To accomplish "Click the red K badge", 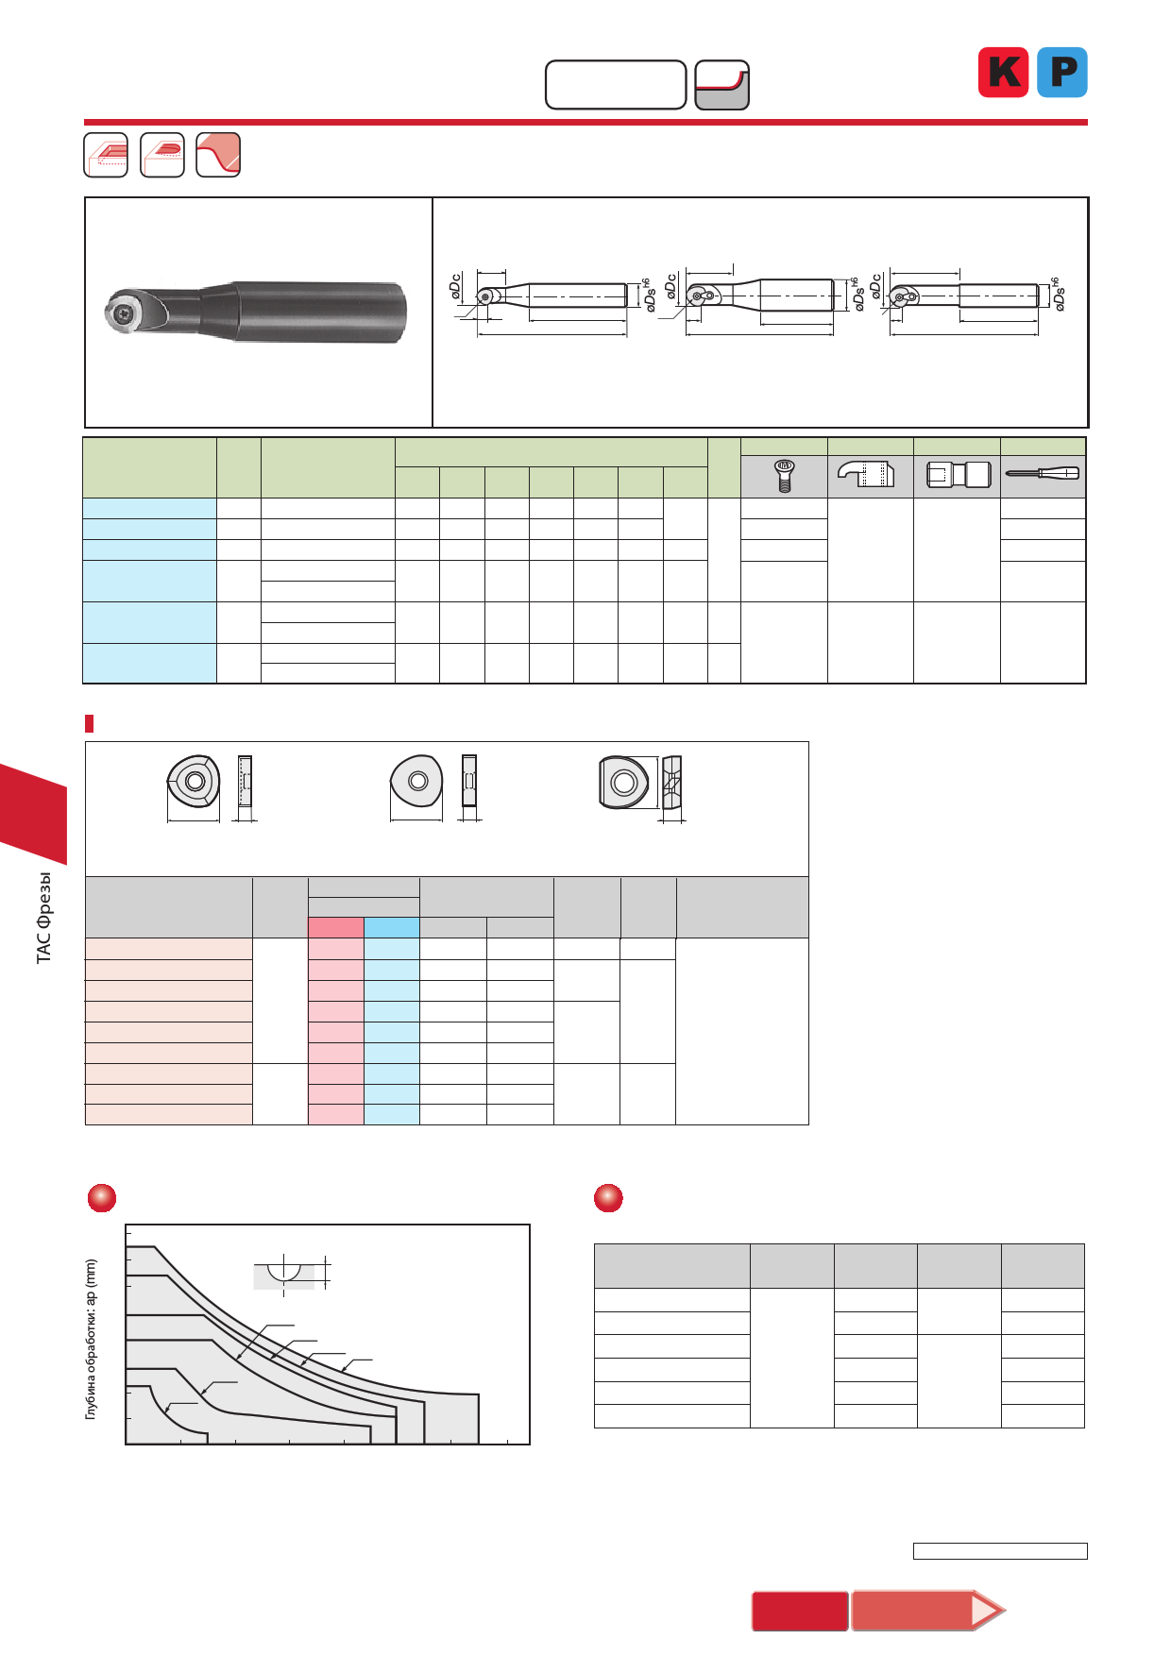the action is (1003, 72).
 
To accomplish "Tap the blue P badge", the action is (1062, 72).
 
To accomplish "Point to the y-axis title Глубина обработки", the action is (91, 1339).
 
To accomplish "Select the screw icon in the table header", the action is (784, 476).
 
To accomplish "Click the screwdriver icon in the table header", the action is (1043, 473).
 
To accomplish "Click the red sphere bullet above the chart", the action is (102, 1197).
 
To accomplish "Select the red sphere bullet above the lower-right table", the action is (608, 1197).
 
